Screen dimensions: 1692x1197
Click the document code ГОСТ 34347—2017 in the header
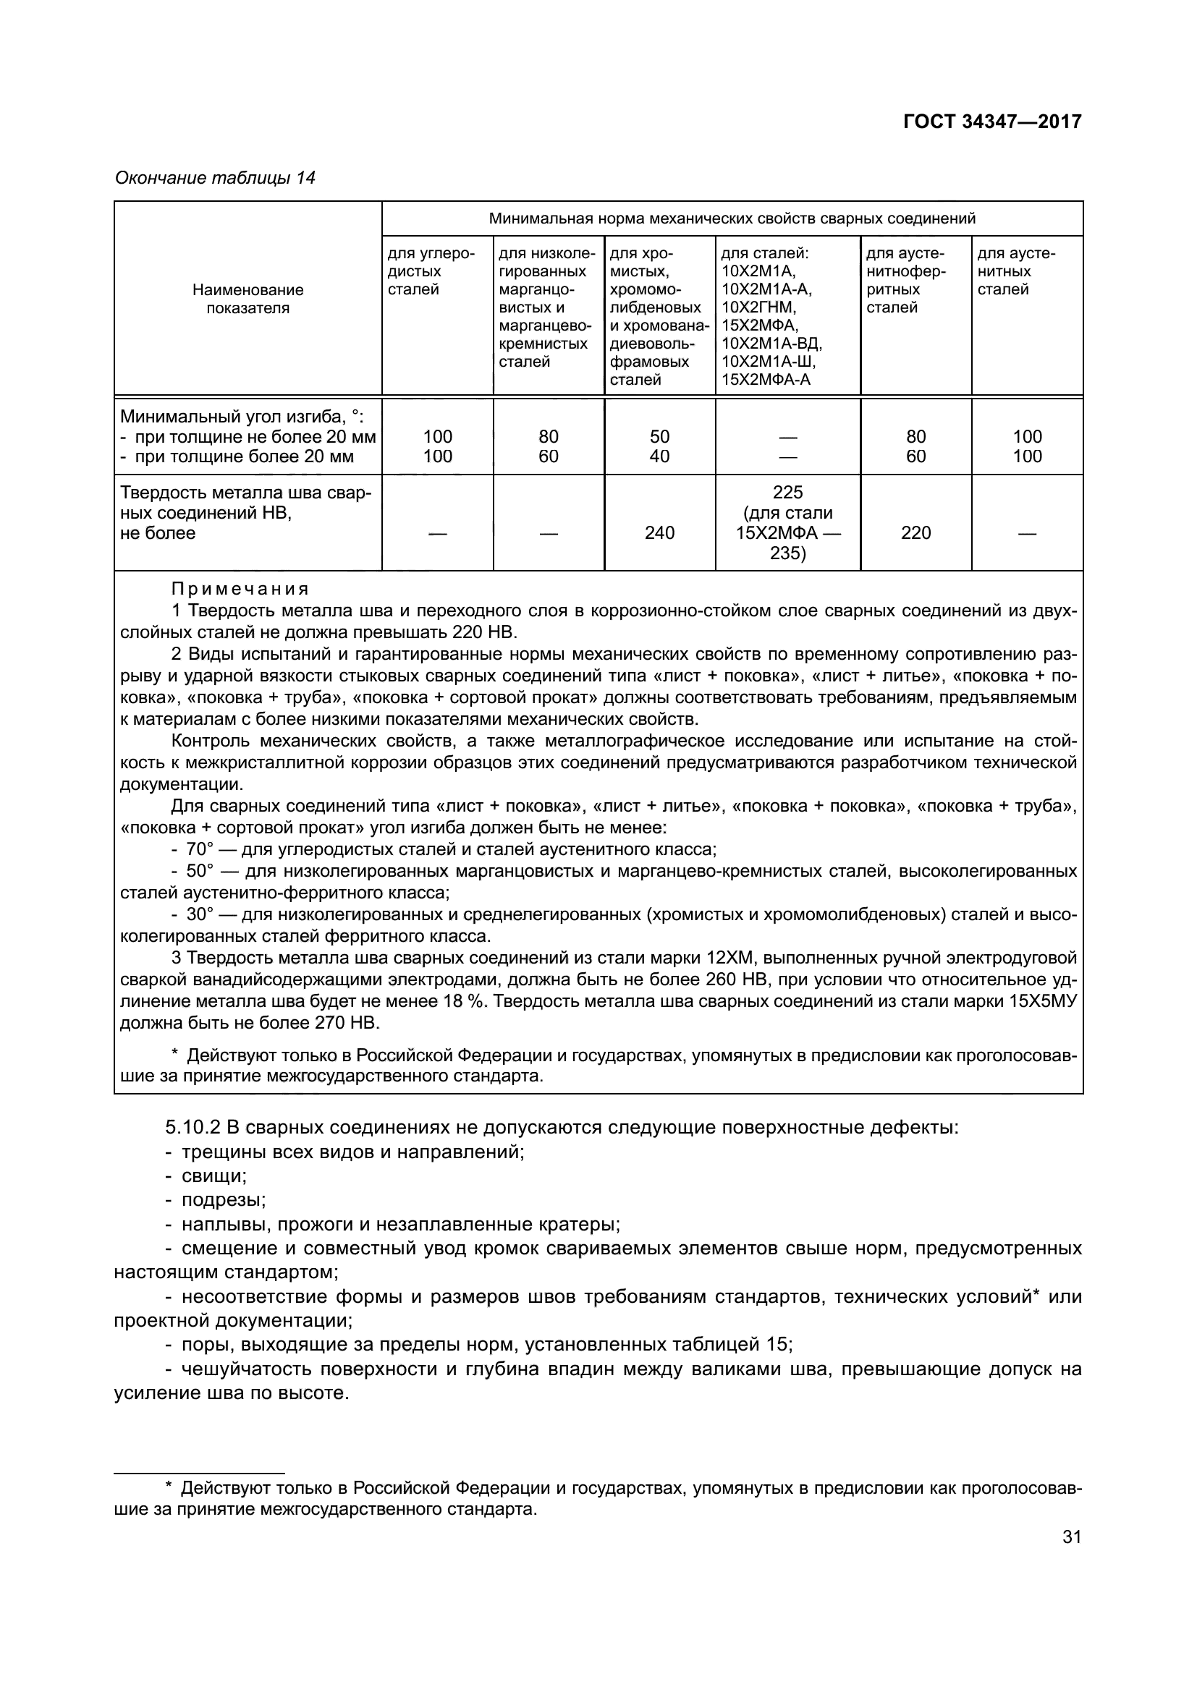[x=992, y=122]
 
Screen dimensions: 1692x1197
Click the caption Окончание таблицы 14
[x=215, y=178]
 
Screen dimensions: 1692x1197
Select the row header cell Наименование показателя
[x=248, y=299]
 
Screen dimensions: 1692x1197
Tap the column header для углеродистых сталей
[x=431, y=271]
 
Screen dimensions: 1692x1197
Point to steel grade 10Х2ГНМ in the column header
[x=758, y=307]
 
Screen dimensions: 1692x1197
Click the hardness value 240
[x=659, y=533]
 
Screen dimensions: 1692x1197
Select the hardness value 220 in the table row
[x=915, y=533]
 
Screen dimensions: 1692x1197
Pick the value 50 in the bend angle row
[x=659, y=437]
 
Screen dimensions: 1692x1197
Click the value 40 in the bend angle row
[x=659, y=457]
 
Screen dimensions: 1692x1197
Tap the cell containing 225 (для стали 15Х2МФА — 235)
[x=787, y=522]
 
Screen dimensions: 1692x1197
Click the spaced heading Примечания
[x=240, y=589]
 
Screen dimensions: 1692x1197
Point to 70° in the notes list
[x=199, y=850]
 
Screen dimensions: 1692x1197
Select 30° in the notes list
[x=199, y=914]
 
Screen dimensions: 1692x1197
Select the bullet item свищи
[x=213, y=1176]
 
